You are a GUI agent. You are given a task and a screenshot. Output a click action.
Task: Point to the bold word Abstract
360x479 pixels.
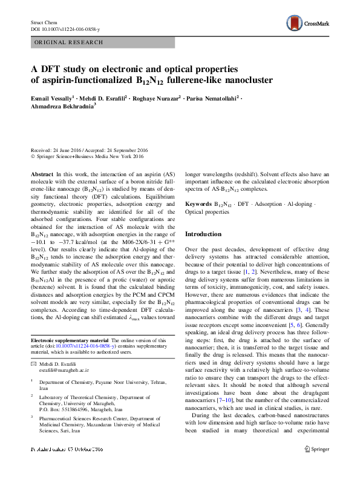(42, 174)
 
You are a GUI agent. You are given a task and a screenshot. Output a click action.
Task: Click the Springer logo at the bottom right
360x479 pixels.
(318, 467)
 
